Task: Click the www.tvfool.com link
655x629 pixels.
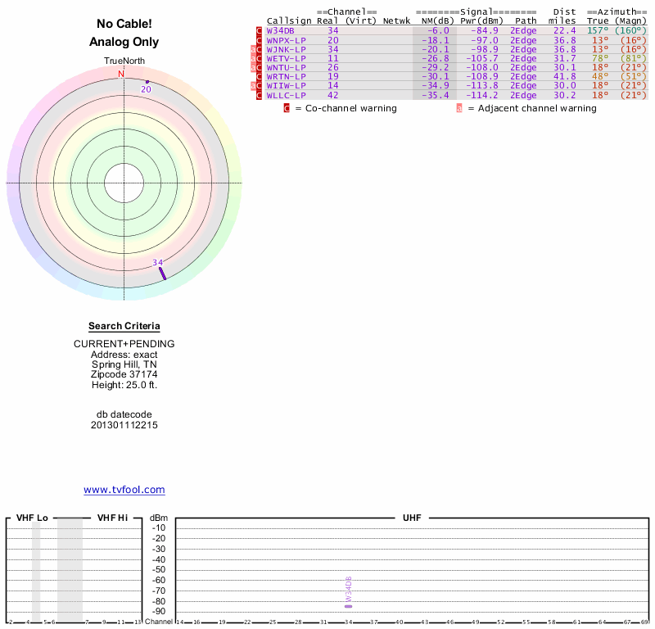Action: pyautogui.click(x=124, y=490)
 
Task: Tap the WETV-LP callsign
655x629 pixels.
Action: pyautogui.click(x=286, y=58)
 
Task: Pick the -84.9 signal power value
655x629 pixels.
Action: pyautogui.click(x=479, y=30)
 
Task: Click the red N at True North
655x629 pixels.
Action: pyautogui.click(x=121, y=75)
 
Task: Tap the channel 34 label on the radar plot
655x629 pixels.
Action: pyautogui.click(x=158, y=263)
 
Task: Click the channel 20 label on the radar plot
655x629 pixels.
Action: pyautogui.click(x=146, y=89)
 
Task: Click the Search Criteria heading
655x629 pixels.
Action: pyautogui.click(x=124, y=326)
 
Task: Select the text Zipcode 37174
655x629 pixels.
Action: pyautogui.click(x=124, y=373)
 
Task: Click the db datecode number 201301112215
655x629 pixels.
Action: pyautogui.click(x=124, y=425)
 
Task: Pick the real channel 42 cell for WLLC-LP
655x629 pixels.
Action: pyautogui.click(x=332, y=95)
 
